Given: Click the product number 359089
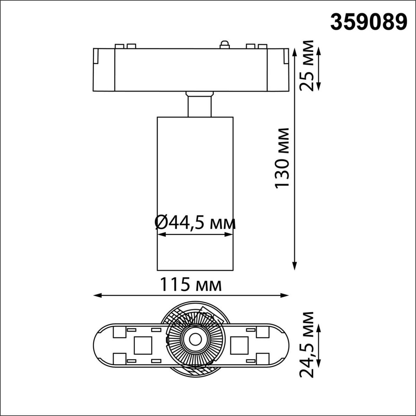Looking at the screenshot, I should point(368,22).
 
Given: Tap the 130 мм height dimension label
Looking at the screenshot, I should point(282,158).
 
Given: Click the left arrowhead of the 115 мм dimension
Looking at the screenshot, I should point(97,296).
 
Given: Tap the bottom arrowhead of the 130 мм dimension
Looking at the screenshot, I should point(295,266).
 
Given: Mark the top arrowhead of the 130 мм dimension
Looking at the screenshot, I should point(295,52).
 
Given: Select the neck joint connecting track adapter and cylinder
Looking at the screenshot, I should point(199,104).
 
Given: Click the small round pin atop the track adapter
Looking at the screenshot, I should point(224,44).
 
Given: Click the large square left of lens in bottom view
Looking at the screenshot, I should point(143,345).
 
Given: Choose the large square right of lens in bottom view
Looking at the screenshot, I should point(239,345).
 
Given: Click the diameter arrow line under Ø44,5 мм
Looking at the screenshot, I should point(195,235).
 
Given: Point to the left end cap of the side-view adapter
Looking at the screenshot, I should point(104,70).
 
